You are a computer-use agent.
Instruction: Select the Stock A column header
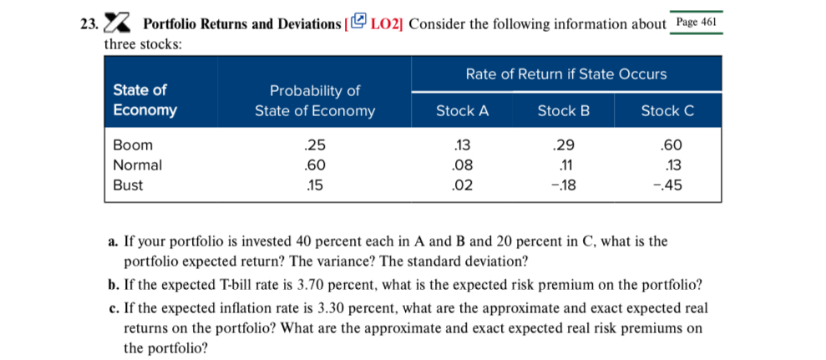click(x=462, y=110)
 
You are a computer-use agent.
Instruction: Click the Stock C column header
click(x=667, y=110)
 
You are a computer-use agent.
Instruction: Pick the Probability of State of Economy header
click(x=315, y=100)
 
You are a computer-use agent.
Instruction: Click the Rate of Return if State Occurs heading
click(x=565, y=74)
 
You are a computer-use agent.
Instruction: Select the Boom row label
click(x=128, y=145)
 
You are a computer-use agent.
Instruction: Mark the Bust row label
click(x=127, y=185)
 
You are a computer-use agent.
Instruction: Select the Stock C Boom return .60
click(x=671, y=145)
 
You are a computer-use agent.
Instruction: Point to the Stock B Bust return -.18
click(x=565, y=185)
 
